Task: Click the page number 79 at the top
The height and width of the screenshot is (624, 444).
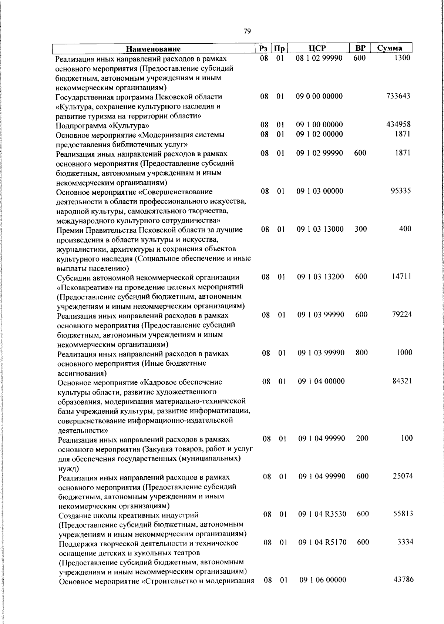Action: pyautogui.click(x=248, y=31)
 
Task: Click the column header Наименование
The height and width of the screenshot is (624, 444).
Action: pyautogui.click(x=153, y=49)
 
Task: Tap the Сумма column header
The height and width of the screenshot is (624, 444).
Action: pyautogui.click(x=390, y=48)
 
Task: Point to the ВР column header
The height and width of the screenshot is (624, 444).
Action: pyautogui.click(x=360, y=48)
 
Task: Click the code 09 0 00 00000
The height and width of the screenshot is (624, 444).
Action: pyautogui.click(x=319, y=96)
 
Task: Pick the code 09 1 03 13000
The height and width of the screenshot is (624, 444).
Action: pyautogui.click(x=320, y=229)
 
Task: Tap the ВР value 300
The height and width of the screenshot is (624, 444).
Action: pyautogui.click(x=360, y=229)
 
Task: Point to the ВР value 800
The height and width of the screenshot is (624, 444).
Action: pyautogui.click(x=361, y=353)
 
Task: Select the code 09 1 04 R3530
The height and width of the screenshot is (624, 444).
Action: pyautogui.click(x=322, y=514)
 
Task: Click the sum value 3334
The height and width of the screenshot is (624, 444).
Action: pyautogui.click(x=405, y=542)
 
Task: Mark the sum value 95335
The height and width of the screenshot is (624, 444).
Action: pyautogui.click(x=401, y=191)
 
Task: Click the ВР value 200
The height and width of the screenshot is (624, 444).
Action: pyautogui.click(x=362, y=438)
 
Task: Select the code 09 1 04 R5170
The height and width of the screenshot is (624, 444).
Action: pyautogui.click(x=322, y=543)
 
